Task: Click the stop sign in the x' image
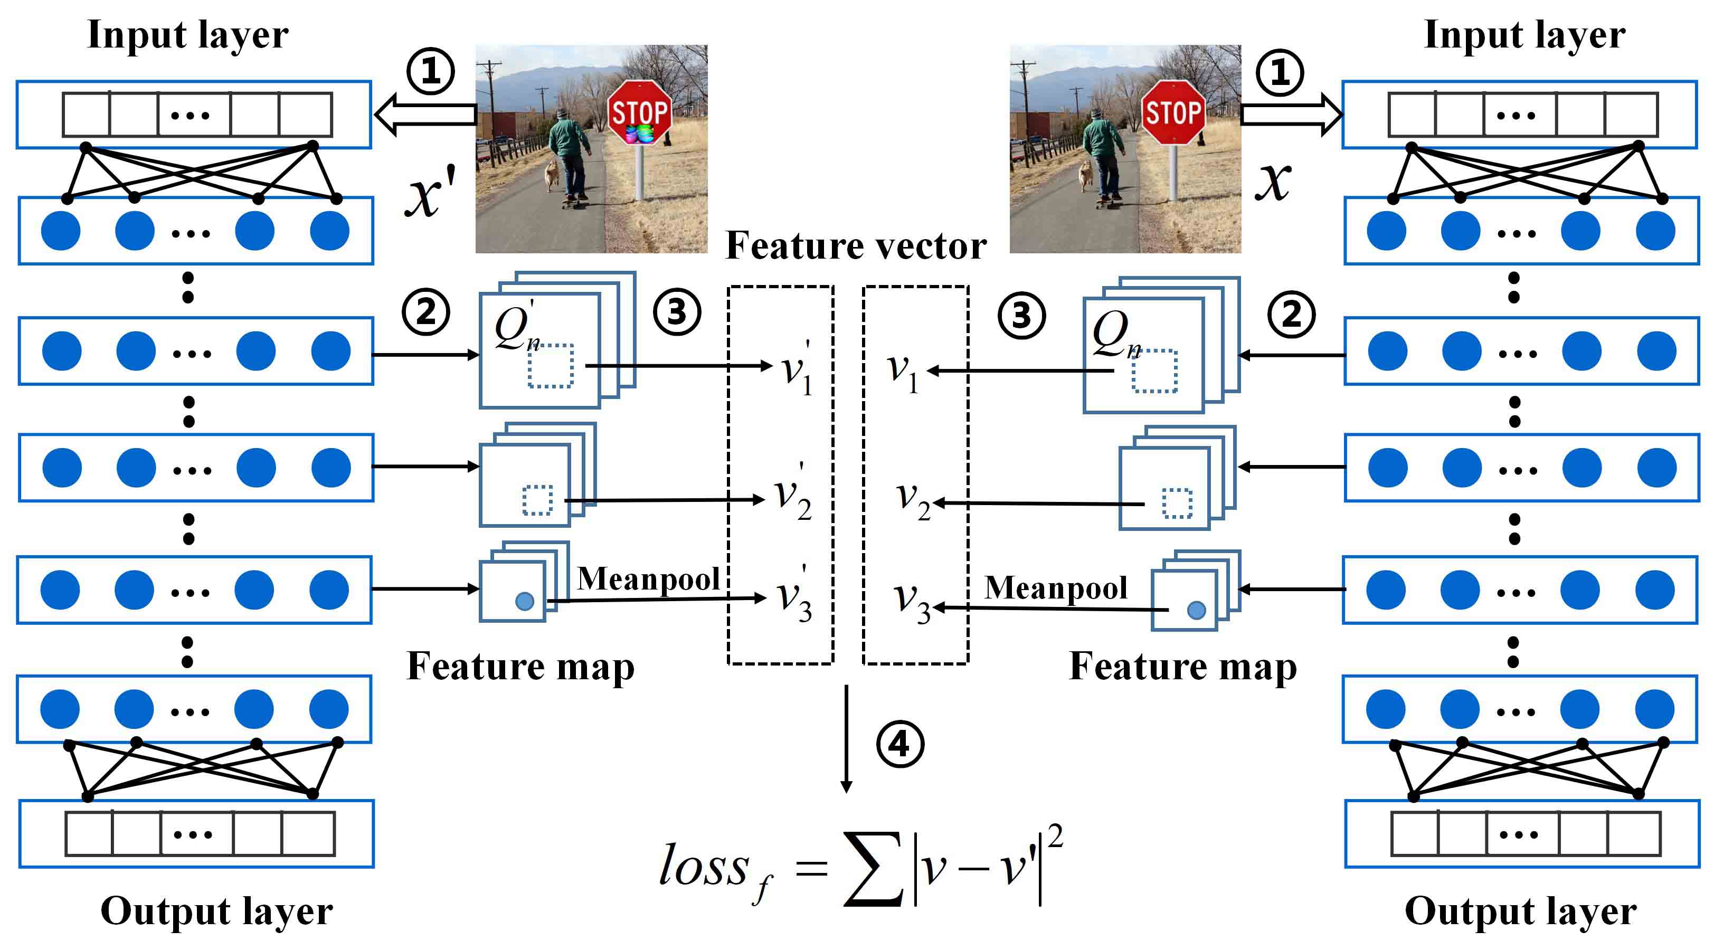pos(639,112)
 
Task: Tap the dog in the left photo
pos(552,176)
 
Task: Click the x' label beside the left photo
pos(431,192)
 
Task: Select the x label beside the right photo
pos(1272,181)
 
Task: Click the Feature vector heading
pos(856,245)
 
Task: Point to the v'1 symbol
pos(797,369)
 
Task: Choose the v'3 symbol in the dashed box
pos(795,594)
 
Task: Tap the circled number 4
pos(899,744)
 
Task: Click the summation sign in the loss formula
pos(874,869)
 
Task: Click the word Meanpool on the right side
pos(1055,587)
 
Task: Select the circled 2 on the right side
pos(1292,314)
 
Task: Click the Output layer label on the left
pos(216,911)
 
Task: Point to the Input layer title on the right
pos(1524,35)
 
